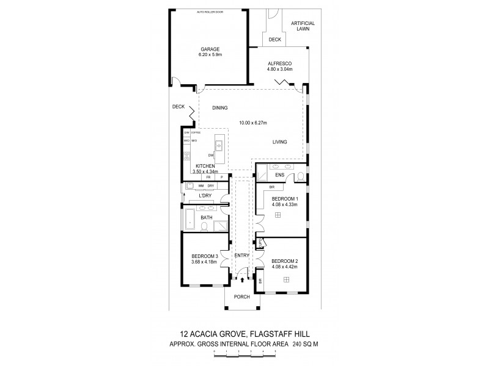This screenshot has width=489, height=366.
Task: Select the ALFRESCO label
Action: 279,63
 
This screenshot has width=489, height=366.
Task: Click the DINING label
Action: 219,108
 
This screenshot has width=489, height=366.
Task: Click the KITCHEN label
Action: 205,166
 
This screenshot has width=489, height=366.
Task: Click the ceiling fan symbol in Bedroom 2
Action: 285,279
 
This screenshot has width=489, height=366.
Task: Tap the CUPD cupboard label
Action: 260,243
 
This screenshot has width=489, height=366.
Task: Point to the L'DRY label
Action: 205,196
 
